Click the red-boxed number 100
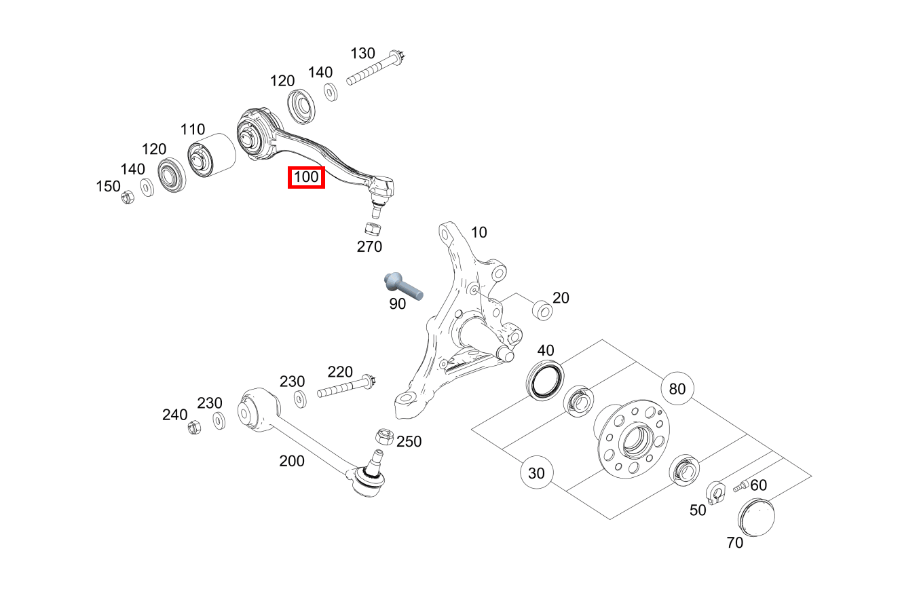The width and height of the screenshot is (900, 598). tap(306, 178)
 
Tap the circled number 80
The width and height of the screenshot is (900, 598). tap(677, 389)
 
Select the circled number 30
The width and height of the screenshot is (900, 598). tap(536, 473)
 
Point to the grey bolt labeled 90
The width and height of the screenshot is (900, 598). tap(401, 284)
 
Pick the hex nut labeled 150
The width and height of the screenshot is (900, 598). tap(127, 198)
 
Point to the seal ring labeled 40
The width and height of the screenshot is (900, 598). tap(546, 379)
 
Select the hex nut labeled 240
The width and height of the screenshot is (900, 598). tap(193, 428)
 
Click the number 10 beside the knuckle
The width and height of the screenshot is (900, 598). tap(479, 233)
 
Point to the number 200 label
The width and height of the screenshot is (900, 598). tap(292, 462)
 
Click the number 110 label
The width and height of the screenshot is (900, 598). tap(193, 129)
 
